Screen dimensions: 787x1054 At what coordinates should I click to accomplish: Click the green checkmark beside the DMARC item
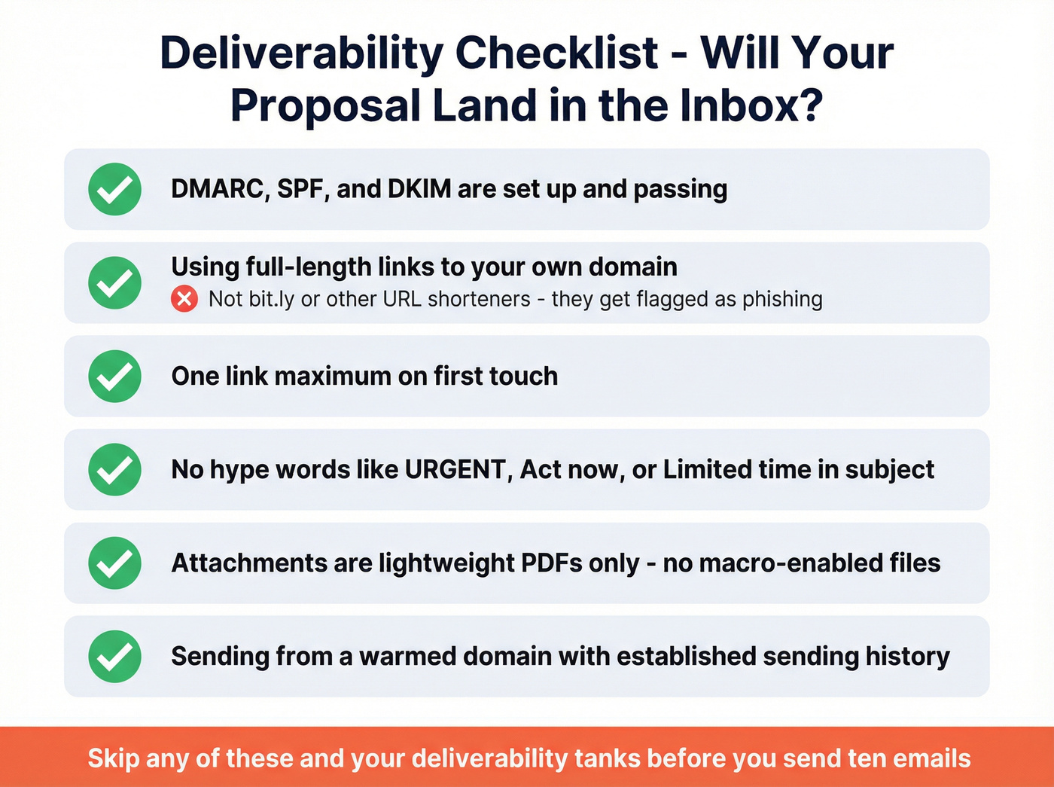[114, 189]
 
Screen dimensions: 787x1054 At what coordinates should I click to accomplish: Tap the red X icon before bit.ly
[184, 299]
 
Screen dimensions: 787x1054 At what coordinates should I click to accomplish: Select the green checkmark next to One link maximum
[114, 376]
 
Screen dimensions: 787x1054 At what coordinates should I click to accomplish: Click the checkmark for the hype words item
[114, 469]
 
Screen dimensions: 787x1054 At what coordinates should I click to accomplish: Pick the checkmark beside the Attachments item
[114, 563]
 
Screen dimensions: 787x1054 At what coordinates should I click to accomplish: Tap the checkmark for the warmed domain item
[114, 656]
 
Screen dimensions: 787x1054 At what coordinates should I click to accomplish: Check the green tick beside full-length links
[114, 282]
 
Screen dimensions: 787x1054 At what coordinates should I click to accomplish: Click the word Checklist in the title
[556, 54]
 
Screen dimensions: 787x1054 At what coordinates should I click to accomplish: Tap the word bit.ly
[271, 299]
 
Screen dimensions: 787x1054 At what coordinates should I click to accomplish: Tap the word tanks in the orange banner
[606, 758]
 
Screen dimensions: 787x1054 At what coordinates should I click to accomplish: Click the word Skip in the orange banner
[113, 758]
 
